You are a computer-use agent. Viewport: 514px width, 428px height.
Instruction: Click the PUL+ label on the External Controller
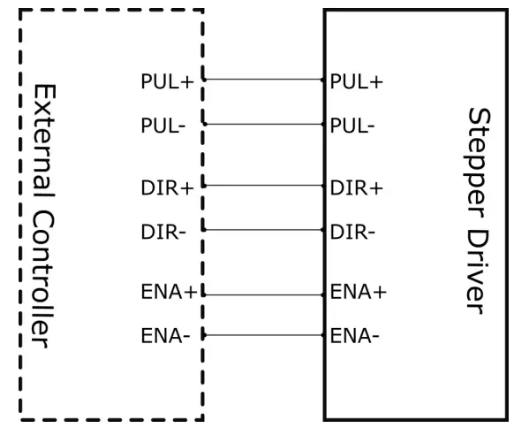pyautogui.click(x=167, y=82)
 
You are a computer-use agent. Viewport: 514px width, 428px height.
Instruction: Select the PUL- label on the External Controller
pyautogui.click(x=163, y=126)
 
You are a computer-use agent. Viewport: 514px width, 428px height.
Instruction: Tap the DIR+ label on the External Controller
pyautogui.click(x=167, y=187)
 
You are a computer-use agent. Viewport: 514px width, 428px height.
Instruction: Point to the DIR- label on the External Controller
pyautogui.click(x=163, y=232)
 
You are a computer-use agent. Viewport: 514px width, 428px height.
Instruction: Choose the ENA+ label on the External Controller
pyautogui.click(x=169, y=292)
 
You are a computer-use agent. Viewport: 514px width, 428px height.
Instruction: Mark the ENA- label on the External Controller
pyautogui.click(x=165, y=335)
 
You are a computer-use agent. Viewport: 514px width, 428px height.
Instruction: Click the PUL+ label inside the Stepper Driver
pyautogui.click(x=357, y=82)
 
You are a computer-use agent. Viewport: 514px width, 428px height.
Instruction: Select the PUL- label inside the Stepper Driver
pyautogui.click(x=352, y=126)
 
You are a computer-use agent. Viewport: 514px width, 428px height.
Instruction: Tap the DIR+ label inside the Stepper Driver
pyautogui.click(x=357, y=187)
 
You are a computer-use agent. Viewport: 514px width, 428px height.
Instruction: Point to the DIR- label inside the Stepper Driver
pyautogui.click(x=352, y=232)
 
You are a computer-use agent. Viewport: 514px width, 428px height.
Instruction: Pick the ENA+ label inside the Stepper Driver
pyautogui.click(x=359, y=292)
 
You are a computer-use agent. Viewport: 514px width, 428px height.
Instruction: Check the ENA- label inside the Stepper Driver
pyautogui.click(x=355, y=335)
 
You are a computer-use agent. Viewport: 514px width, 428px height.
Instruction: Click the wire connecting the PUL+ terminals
pyautogui.click(x=263, y=79)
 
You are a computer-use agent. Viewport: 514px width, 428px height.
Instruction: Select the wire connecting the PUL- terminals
pyautogui.click(x=263, y=124)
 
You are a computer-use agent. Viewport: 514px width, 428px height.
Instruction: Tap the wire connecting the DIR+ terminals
pyautogui.click(x=263, y=186)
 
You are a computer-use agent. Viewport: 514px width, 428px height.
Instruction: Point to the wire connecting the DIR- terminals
pyautogui.click(x=263, y=229)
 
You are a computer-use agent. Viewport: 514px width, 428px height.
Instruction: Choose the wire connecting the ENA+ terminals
pyautogui.click(x=263, y=294)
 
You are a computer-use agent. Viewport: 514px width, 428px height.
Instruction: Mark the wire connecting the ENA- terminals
pyautogui.click(x=263, y=335)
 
